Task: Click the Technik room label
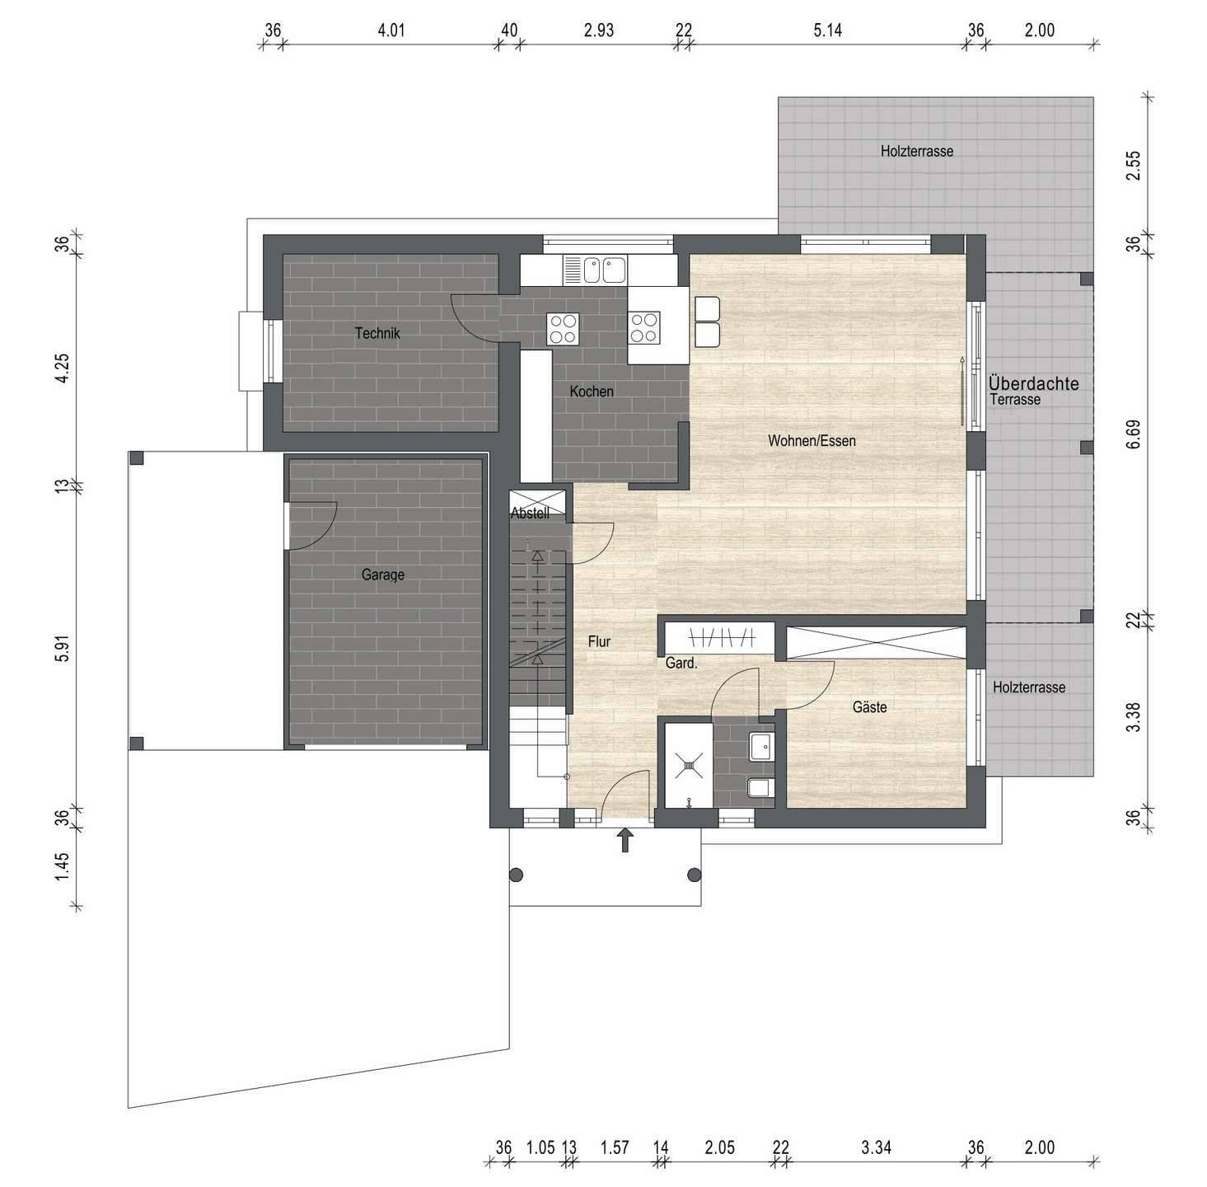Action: [x=377, y=333]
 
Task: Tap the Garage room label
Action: [x=383, y=574]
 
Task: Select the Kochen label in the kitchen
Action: [x=592, y=391]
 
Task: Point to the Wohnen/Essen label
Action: [x=812, y=440]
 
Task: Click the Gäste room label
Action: [x=869, y=707]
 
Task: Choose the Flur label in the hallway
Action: [x=599, y=641]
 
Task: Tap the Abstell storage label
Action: [x=530, y=514]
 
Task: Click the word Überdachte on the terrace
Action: [x=1033, y=383]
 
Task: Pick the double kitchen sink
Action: [x=605, y=270]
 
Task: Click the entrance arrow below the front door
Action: [x=625, y=841]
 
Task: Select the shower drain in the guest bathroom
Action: [x=687, y=765]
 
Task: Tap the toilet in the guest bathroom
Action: [x=761, y=788]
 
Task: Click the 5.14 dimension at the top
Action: [x=827, y=30]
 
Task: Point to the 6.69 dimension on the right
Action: [x=1133, y=434]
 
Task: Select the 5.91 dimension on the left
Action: [x=62, y=646]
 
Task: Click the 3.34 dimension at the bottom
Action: [x=876, y=1147]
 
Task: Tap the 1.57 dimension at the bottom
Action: [x=615, y=1147]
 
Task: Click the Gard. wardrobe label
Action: [x=681, y=663]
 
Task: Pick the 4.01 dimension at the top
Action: [x=391, y=30]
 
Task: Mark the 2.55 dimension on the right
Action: [x=1133, y=166]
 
